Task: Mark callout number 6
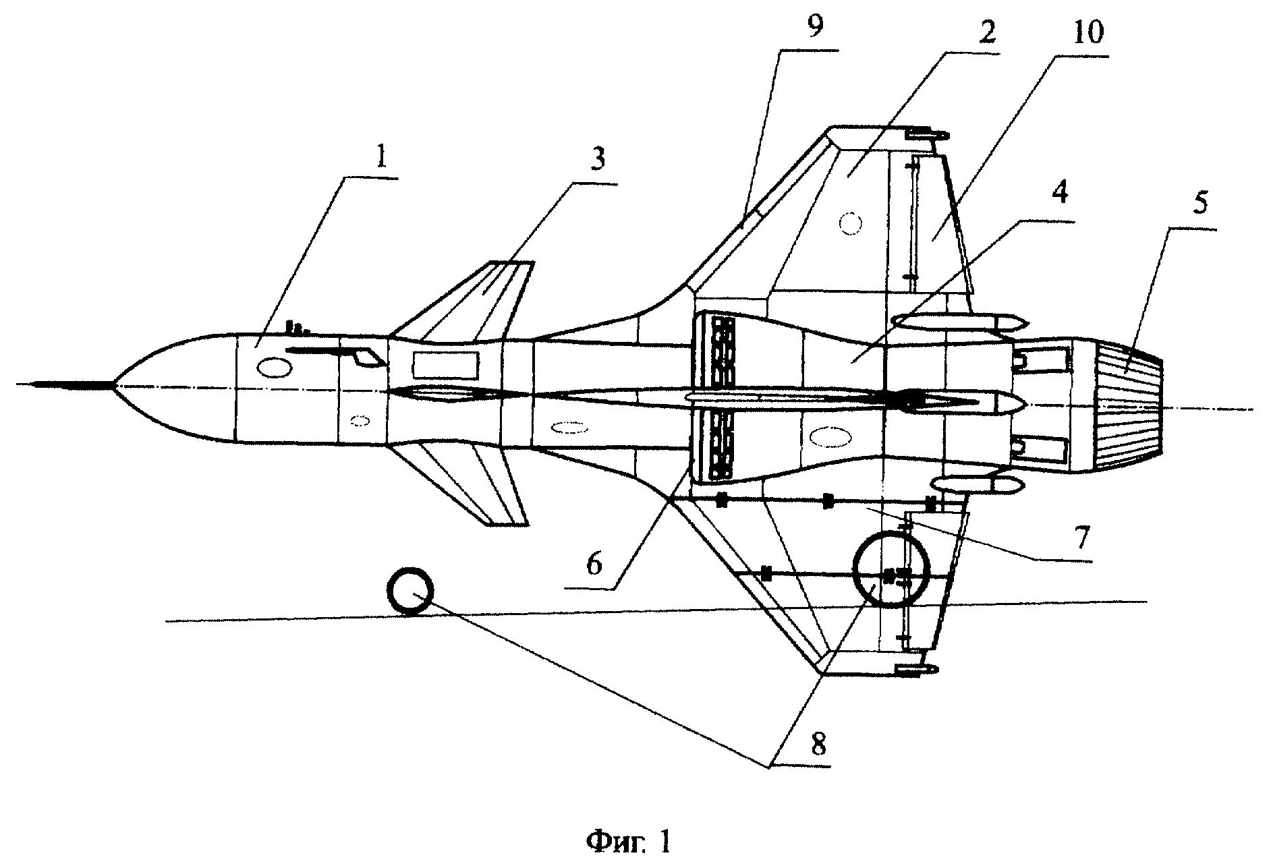click(x=593, y=564)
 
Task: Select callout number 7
click(x=1081, y=537)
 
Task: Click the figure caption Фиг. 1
click(x=629, y=842)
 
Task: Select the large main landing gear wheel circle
click(x=891, y=569)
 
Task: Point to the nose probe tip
click(x=34, y=384)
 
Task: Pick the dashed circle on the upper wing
click(x=851, y=223)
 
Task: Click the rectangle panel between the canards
click(x=445, y=364)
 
